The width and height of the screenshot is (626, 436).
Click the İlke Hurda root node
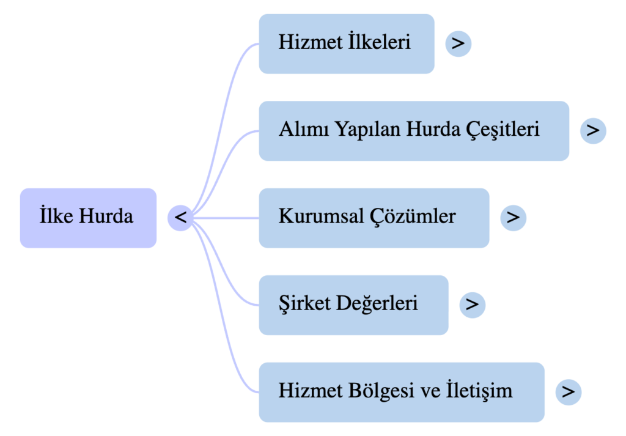pos(88,218)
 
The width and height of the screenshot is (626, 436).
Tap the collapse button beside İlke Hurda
pos(180,218)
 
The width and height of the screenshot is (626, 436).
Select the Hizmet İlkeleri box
pos(346,43)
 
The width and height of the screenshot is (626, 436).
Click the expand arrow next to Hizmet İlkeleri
pos(458,43)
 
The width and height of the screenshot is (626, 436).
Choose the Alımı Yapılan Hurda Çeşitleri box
pos(413,131)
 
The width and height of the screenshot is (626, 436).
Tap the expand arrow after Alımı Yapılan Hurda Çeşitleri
pos(592,131)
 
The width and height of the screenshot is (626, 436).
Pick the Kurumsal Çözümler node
pos(374,218)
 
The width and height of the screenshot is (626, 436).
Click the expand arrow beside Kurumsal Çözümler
pos(513,218)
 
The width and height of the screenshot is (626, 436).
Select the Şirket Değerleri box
pos(353,305)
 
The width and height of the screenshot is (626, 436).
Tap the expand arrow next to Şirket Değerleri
pos(472,305)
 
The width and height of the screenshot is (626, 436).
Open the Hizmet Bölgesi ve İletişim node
pos(401,391)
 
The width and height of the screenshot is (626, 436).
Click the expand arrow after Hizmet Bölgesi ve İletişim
pos(568,391)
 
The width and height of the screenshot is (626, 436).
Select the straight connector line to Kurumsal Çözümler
pos(226,218)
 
